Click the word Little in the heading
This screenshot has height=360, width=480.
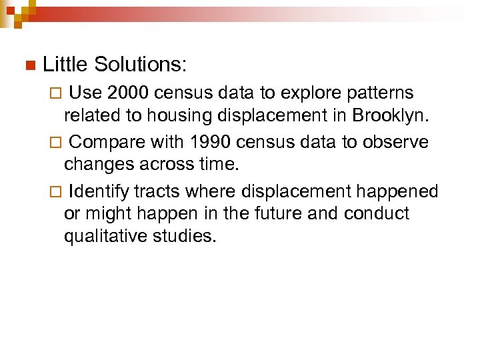pyautogui.click(x=65, y=65)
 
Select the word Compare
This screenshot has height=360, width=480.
pyautogui.click(x=107, y=142)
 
